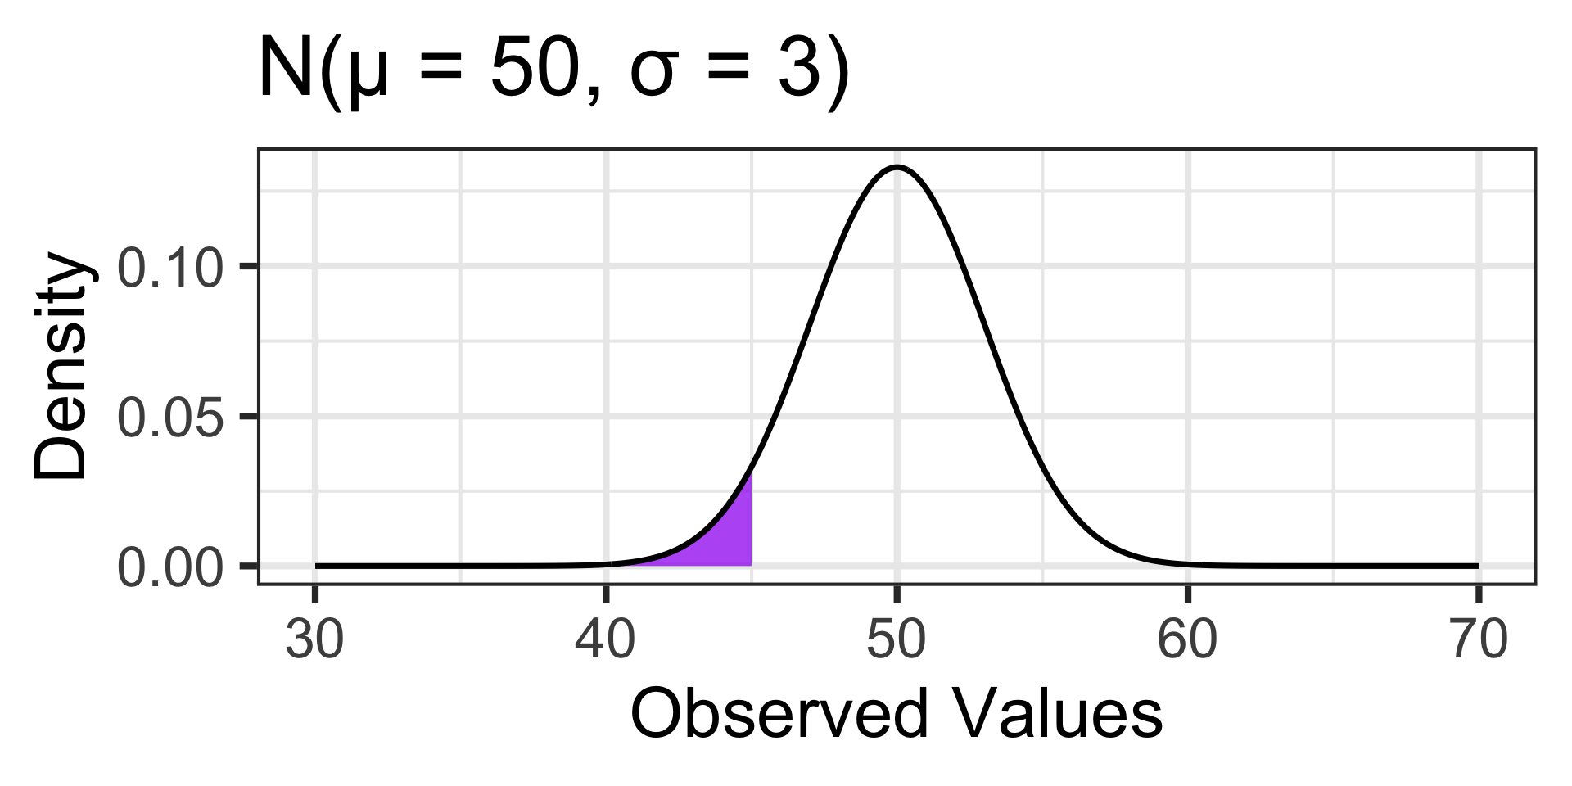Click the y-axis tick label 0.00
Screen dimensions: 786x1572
(170, 567)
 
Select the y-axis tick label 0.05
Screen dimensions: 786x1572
(170, 417)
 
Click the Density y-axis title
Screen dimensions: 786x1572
(61, 366)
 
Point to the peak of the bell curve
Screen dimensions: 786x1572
(897, 167)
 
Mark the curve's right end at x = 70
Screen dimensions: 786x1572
(1478, 566)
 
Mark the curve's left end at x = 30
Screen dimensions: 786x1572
(316, 566)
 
